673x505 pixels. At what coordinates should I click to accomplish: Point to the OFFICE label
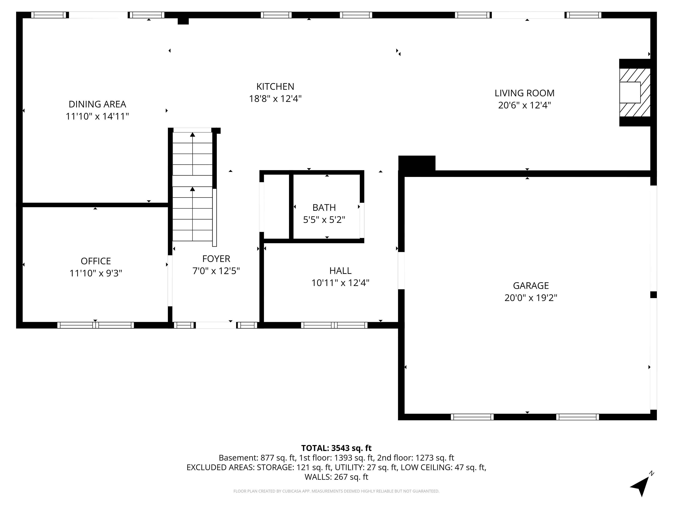(x=96, y=261)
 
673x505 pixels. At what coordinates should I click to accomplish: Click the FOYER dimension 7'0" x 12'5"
(x=216, y=271)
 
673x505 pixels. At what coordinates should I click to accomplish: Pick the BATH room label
(x=324, y=208)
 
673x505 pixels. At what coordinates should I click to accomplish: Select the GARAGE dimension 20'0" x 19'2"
(x=531, y=298)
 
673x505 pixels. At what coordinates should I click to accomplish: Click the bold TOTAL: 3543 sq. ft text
(x=336, y=448)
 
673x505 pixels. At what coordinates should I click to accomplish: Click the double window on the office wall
(x=96, y=325)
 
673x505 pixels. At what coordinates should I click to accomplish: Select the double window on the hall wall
(x=334, y=325)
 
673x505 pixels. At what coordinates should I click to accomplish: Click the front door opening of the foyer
(x=216, y=325)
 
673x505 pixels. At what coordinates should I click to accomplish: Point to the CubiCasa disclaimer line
(x=336, y=491)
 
